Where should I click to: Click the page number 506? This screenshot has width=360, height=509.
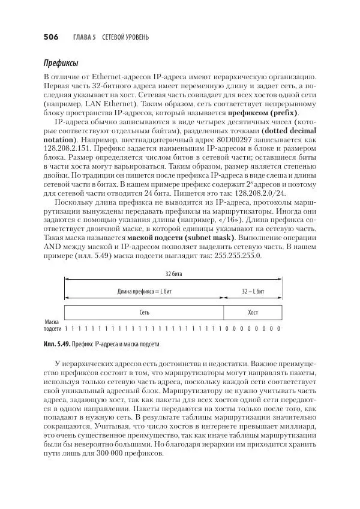[x=50, y=37]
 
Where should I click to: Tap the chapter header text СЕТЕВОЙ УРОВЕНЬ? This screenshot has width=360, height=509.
[x=125, y=37]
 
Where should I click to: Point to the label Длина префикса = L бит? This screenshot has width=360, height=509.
[x=144, y=291]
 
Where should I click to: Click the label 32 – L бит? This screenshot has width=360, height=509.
[x=253, y=291]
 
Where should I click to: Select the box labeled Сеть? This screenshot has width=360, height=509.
[x=144, y=313]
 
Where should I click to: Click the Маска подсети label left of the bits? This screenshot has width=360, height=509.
[x=52, y=325]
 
